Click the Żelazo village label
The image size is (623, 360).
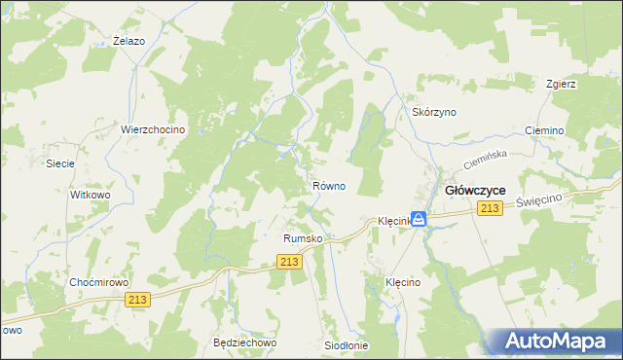pos(128,41)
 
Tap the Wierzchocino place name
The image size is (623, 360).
pos(153,129)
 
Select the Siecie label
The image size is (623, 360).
pos(60,163)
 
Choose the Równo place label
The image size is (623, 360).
pos(328,185)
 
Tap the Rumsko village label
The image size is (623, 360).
pos(302,237)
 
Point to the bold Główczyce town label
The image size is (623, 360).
pos(474,191)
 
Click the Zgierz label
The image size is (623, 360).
pos(562,84)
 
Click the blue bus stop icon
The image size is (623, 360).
pos(419,219)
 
